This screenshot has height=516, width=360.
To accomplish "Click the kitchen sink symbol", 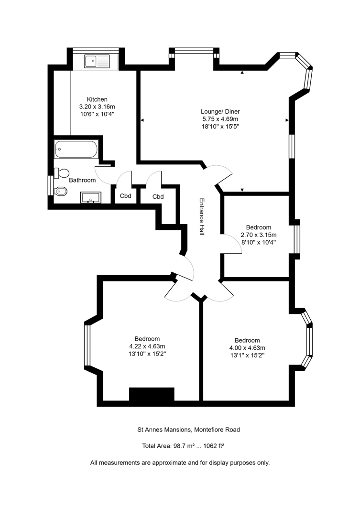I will coord(97,61).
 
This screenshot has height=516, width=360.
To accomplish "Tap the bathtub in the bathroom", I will coord(76,150).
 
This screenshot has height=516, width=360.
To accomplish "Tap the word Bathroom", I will coord(82,180).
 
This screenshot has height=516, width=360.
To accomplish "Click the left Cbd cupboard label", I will coord(125,196).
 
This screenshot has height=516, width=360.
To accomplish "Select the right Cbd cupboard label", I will coord(158,196).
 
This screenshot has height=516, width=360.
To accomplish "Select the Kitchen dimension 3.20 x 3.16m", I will coord(97,107).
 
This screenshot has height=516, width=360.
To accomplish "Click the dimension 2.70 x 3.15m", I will coord(259,235).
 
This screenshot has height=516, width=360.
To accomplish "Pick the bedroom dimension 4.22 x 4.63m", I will coord(147,346).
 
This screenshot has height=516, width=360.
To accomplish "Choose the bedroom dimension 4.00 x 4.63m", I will coord(247,348).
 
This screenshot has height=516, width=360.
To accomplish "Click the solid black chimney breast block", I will coord(152,394).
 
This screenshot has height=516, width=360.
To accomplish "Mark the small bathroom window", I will coord(50,185).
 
